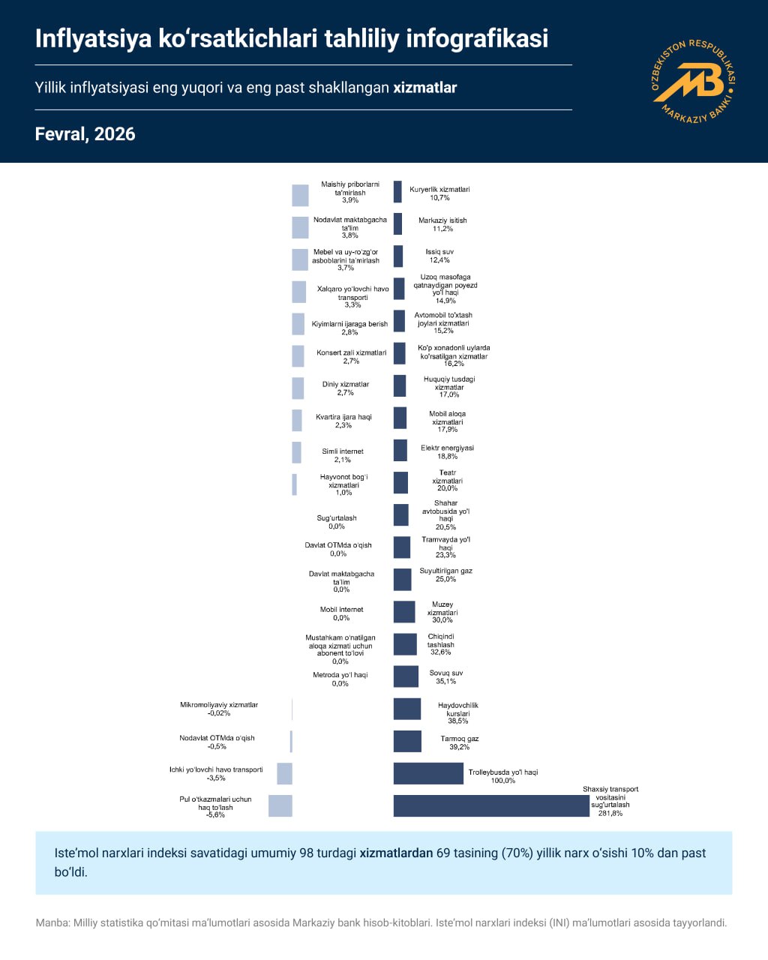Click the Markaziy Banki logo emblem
click(x=694, y=81)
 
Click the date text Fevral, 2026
click(x=85, y=134)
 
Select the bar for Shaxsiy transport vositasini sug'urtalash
click(x=491, y=805)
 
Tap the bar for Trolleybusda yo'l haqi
click(x=428, y=773)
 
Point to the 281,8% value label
click(x=610, y=813)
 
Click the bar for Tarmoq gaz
click(x=407, y=741)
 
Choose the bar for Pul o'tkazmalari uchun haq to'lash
click(x=280, y=805)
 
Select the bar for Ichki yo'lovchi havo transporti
click(x=284, y=773)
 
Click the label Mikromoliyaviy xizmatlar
click(x=219, y=705)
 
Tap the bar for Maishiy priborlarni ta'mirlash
click(x=300, y=195)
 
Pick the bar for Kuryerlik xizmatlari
click(x=397, y=192)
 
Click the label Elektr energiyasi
click(x=447, y=448)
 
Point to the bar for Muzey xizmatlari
click(x=404, y=611)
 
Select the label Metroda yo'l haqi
click(x=340, y=675)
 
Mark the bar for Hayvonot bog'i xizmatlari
click(x=295, y=484)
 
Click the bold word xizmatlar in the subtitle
click(x=425, y=88)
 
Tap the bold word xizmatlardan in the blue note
click(x=396, y=853)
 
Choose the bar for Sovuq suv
click(x=406, y=676)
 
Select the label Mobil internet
click(x=341, y=610)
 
